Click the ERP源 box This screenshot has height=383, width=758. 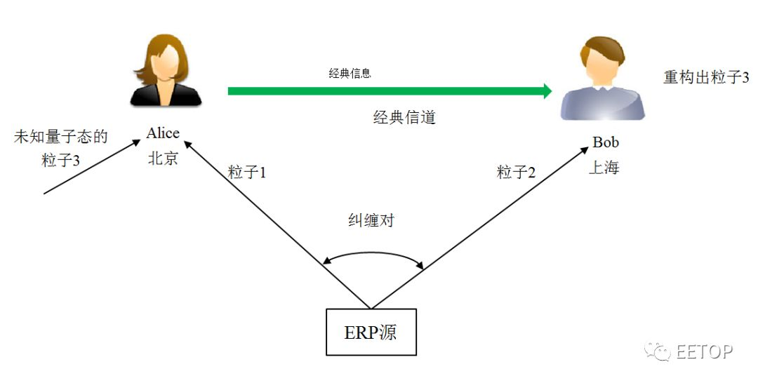(371, 332)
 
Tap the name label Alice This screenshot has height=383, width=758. (163, 133)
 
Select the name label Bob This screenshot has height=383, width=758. (606, 142)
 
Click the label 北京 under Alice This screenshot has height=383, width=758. (163, 159)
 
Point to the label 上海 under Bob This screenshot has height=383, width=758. (604, 168)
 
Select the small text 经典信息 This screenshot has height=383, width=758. (350, 73)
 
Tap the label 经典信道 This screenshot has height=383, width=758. (404, 117)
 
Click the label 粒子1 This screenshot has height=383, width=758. (247, 173)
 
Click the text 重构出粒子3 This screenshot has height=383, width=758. (706, 77)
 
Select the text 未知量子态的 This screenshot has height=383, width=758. (61, 137)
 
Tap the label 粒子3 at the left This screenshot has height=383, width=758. (61, 161)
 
